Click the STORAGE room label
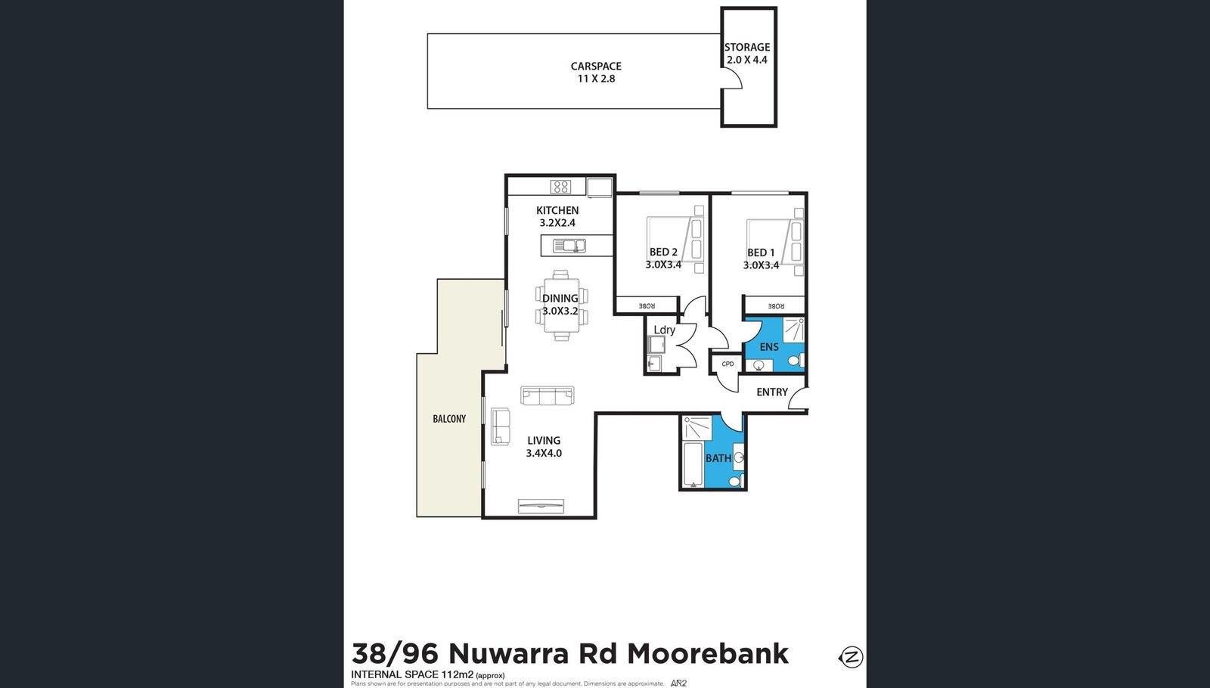pyautogui.click(x=747, y=47)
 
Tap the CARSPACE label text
pyautogui.click(x=596, y=67)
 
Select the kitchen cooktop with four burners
pyautogui.click(x=560, y=187)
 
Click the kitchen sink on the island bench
pyautogui.click(x=569, y=246)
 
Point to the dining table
pyautogui.click(x=561, y=305)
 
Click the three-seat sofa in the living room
pyautogui.click(x=548, y=395)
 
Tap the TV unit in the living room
pyautogui.click(x=541, y=506)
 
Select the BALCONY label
pyautogui.click(x=449, y=419)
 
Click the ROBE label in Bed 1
pyautogui.click(x=776, y=306)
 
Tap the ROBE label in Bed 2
pyautogui.click(x=647, y=306)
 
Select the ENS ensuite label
pyautogui.click(x=769, y=347)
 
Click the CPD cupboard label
pyautogui.click(x=728, y=364)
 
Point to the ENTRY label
pyautogui.click(x=772, y=392)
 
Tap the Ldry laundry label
pyautogui.click(x=664, y=330)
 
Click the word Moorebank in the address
pyautogui.click(x=709, y=653)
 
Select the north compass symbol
pyautogui.click(x=852, y=656)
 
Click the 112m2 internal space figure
pyautogui.click(x=458, y=674)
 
